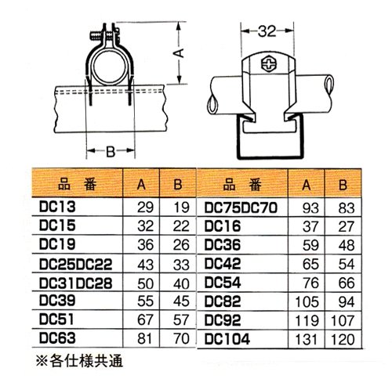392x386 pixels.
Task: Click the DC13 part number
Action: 57,207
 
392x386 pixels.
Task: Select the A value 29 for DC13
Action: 145,207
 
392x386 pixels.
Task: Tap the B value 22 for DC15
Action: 181,226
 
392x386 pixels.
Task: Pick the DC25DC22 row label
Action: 75,264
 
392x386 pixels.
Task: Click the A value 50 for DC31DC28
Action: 145,283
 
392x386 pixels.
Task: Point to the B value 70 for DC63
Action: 181,339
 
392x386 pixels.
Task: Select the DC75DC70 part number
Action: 241,208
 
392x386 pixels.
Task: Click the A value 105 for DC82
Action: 307,302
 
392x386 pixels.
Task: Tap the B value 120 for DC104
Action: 343,340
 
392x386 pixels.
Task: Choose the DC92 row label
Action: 223,320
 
